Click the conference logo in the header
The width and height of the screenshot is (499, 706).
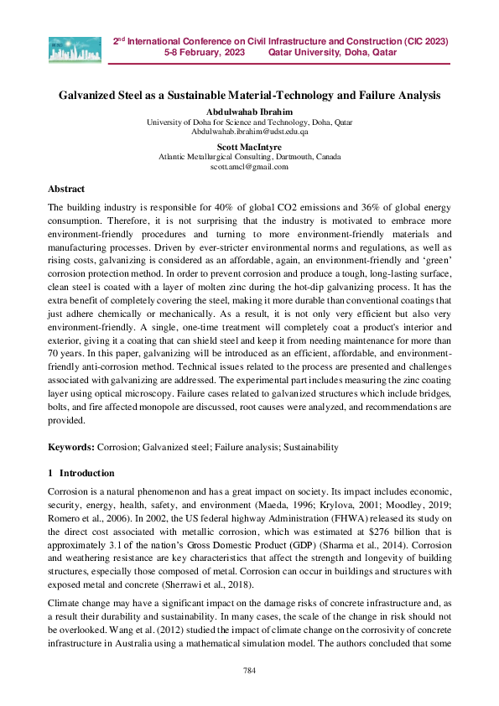point(75,50)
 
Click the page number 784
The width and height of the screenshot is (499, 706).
point(249,670)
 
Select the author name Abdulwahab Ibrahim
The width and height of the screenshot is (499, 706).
point(249,112)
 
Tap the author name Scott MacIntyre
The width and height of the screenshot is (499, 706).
point(249,147)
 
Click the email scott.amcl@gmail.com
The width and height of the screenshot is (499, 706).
point(249,166)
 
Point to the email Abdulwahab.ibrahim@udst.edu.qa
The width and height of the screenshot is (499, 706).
point(249,132)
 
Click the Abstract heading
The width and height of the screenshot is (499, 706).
point(66,189)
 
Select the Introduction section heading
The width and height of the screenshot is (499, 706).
point(87,473)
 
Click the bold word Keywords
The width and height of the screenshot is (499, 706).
point(70,448)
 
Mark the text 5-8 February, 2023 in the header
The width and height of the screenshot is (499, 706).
point(205,52)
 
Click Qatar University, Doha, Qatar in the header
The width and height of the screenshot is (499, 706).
point(332,52)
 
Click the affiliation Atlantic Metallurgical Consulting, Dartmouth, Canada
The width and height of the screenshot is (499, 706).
point(249,157)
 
